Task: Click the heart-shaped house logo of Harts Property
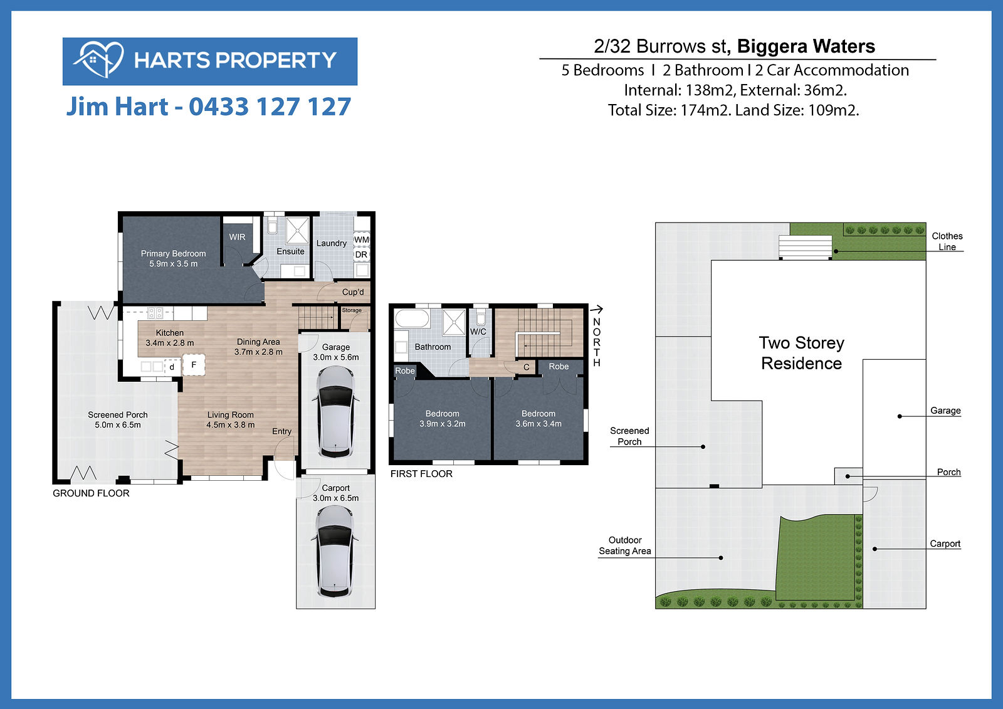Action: pos(99,60)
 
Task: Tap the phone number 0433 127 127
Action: pos(270,107)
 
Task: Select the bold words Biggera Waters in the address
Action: pos(806,46)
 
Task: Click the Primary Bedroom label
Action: pos(173,253)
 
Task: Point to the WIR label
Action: pos(237,237)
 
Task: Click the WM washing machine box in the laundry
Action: pos(362,239)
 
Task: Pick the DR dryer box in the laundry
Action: pos(361,255)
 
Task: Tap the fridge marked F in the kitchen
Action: pos(194,365)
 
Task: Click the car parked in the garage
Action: pos(336,412)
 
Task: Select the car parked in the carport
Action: pos(335,552)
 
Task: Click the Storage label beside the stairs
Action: pos(352,310)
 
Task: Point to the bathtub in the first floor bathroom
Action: pos(411,318)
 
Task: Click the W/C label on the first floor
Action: pos(478,332)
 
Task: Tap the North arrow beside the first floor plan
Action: pos(596,309)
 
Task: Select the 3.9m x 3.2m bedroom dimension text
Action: pos(443,424)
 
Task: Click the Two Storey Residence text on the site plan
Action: pos(802,353)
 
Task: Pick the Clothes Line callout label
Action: pos(947,241)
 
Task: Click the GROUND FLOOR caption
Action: pos(91,493)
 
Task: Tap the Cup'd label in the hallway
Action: pos(353,292)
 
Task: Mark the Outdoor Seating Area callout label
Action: pos(625,545)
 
